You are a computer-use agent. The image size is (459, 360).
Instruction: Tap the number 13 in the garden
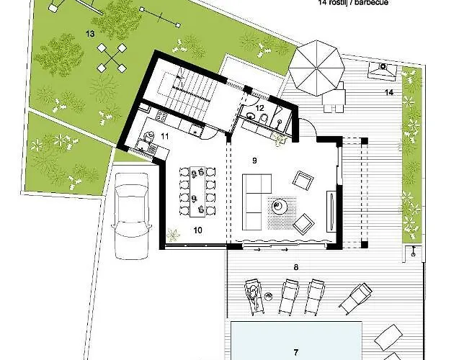click(x=90, y=33)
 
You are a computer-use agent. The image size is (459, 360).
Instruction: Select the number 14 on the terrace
click(x=388, y=94)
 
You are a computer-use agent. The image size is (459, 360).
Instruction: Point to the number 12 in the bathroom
click(x=261, y=108)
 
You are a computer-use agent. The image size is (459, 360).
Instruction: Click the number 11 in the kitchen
click(x=164, y=135)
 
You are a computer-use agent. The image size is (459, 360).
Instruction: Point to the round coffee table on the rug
click(x=279, y=207)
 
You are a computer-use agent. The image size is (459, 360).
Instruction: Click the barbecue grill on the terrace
click(x=380, y=70)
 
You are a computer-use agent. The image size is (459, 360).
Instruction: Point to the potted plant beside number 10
click(x=172, y=234)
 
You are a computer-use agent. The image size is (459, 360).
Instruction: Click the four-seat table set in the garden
click(x=111, y=55)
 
